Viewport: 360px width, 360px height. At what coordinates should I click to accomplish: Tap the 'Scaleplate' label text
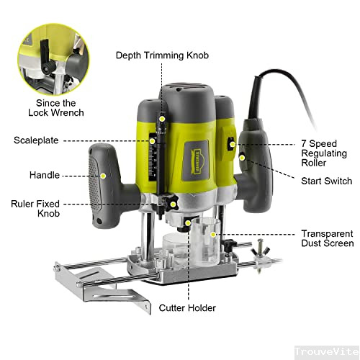36,140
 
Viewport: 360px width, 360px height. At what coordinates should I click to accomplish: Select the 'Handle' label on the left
45,175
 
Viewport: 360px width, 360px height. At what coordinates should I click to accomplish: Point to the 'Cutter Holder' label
187,308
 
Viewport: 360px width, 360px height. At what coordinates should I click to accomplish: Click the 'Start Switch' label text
326,181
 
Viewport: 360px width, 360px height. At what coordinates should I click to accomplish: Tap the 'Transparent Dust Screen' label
327,238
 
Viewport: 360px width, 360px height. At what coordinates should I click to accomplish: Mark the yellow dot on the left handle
104,175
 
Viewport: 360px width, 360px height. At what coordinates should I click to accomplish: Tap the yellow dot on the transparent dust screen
214,235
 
